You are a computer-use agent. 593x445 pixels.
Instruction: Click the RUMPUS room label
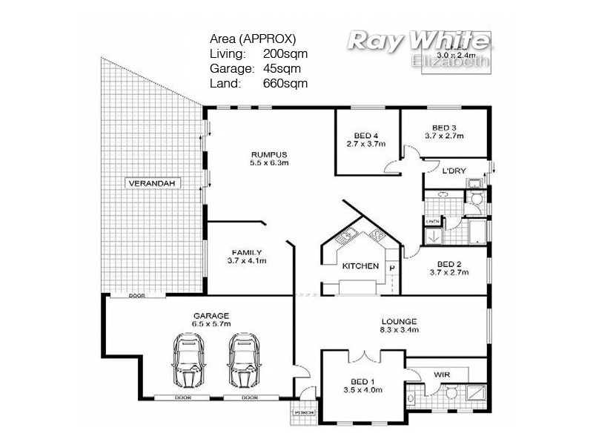tap(268, 154)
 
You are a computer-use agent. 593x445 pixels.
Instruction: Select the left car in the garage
tap(189, 360)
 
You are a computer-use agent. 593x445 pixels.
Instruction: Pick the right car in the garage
tap(244, 360)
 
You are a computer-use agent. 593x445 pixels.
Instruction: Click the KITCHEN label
tap(360, 266)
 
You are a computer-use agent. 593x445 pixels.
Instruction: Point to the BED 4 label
tap(366, 135)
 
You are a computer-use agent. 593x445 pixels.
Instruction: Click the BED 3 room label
tap(444, 127)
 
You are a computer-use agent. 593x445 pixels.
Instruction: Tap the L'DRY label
tap(454, 171)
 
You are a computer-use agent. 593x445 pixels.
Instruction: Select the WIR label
tap(443, 375)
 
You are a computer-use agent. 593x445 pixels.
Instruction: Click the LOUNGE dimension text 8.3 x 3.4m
tap(399, 330)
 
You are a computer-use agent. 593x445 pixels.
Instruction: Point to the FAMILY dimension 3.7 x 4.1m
tap(247, 261)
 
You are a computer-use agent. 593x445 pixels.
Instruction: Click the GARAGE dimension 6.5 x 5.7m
tap(212, 323)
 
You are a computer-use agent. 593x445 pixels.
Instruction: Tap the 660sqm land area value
tap(285, 83)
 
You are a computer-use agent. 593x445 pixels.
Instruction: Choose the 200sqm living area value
tap(285, 53)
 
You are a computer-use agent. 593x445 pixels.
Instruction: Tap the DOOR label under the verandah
tap(136, 294)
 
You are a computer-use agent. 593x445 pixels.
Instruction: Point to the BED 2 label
tap(450, 264)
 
